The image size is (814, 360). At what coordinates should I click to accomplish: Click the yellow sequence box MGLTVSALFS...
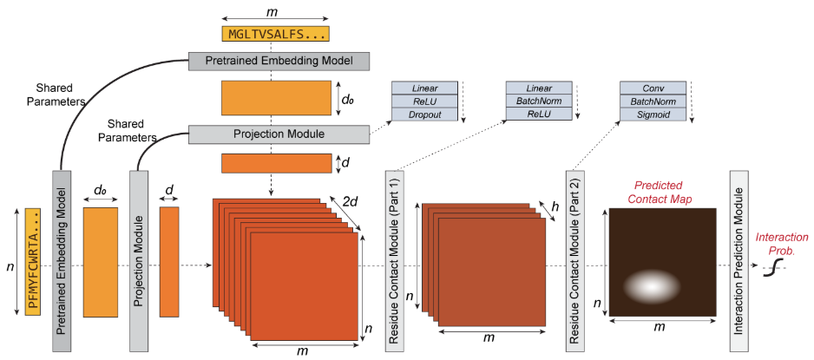(276, 34)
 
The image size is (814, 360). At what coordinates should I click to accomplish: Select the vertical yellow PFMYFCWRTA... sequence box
(32, 261)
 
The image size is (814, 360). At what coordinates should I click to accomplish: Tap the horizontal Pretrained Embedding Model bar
(279, 62)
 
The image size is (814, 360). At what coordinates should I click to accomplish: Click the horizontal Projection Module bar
(279, 134)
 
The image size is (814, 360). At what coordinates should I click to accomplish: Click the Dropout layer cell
(424, 115)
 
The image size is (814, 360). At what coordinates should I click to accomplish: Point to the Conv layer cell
(653, 88)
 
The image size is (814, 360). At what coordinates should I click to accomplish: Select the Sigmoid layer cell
(653, 115)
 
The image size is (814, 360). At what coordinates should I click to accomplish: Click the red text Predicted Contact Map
(660, 192)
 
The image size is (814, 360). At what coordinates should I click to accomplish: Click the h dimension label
(555, 206)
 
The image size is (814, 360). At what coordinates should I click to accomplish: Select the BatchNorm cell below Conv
(653, 101)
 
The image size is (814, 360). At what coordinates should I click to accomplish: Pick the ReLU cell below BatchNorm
(539, 115)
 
